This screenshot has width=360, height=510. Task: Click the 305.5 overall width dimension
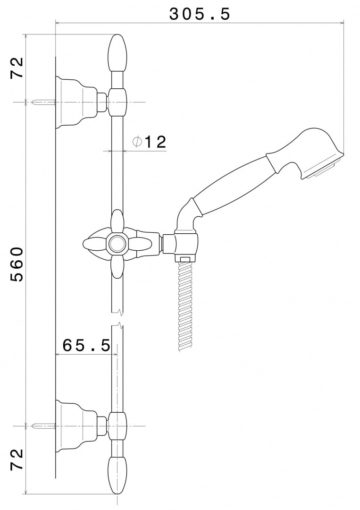200,14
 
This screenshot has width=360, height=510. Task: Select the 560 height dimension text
16,264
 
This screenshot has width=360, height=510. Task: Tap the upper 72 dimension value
17,68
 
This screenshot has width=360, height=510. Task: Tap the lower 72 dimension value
17,459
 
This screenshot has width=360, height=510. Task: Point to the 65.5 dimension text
86,345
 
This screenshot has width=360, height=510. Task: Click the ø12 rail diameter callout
149,142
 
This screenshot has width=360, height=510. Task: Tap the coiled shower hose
184,305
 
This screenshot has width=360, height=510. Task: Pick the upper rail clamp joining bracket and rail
117,102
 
